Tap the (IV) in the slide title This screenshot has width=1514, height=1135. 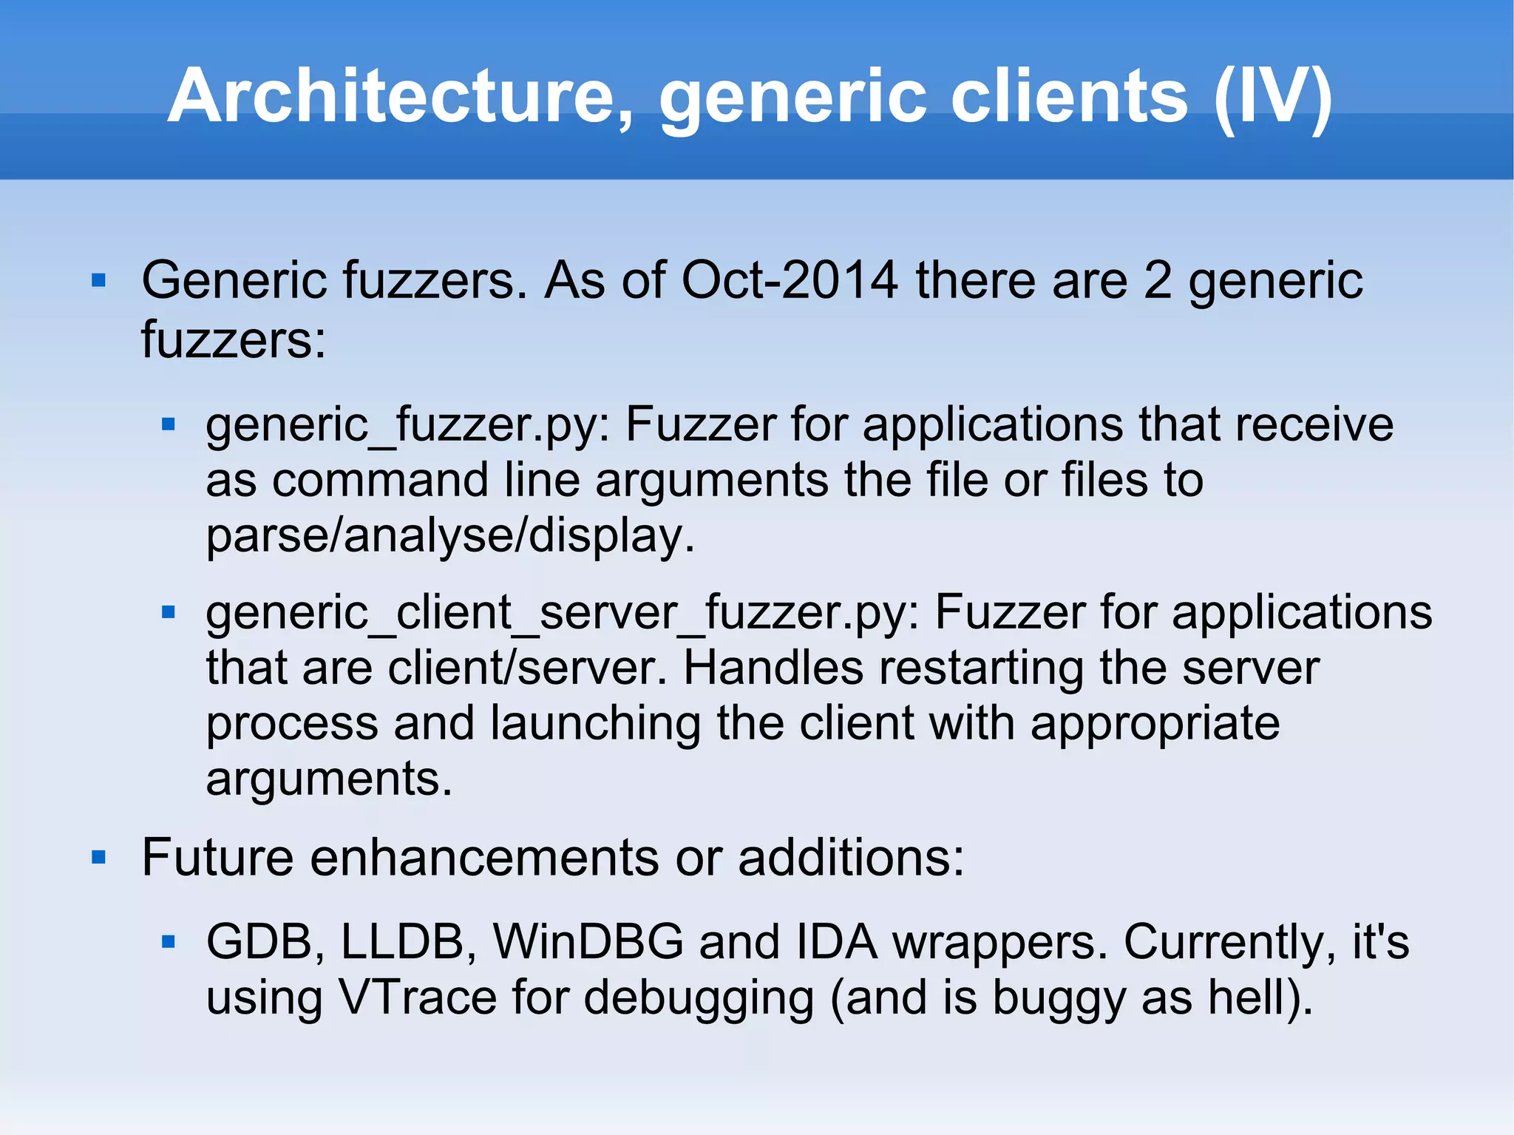[1273, 96]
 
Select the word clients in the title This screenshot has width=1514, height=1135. [1069, 96]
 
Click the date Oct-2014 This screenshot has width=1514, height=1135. [789, 281]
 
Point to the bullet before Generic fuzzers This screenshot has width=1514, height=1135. [98, 281]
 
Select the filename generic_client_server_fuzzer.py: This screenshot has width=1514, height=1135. [562, 614]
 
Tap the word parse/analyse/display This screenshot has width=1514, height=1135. [450, 535]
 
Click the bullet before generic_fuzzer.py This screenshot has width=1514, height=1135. [169, 424]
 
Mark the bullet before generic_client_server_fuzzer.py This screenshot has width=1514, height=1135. [169, 612]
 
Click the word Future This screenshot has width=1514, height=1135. [218, 858]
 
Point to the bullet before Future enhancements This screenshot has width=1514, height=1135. [98, 858]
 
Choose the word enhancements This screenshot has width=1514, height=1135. [484, 858]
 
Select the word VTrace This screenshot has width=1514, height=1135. [418, 997]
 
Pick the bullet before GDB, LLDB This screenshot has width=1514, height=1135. [169, 942]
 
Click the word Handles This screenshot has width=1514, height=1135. [773, 668]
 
